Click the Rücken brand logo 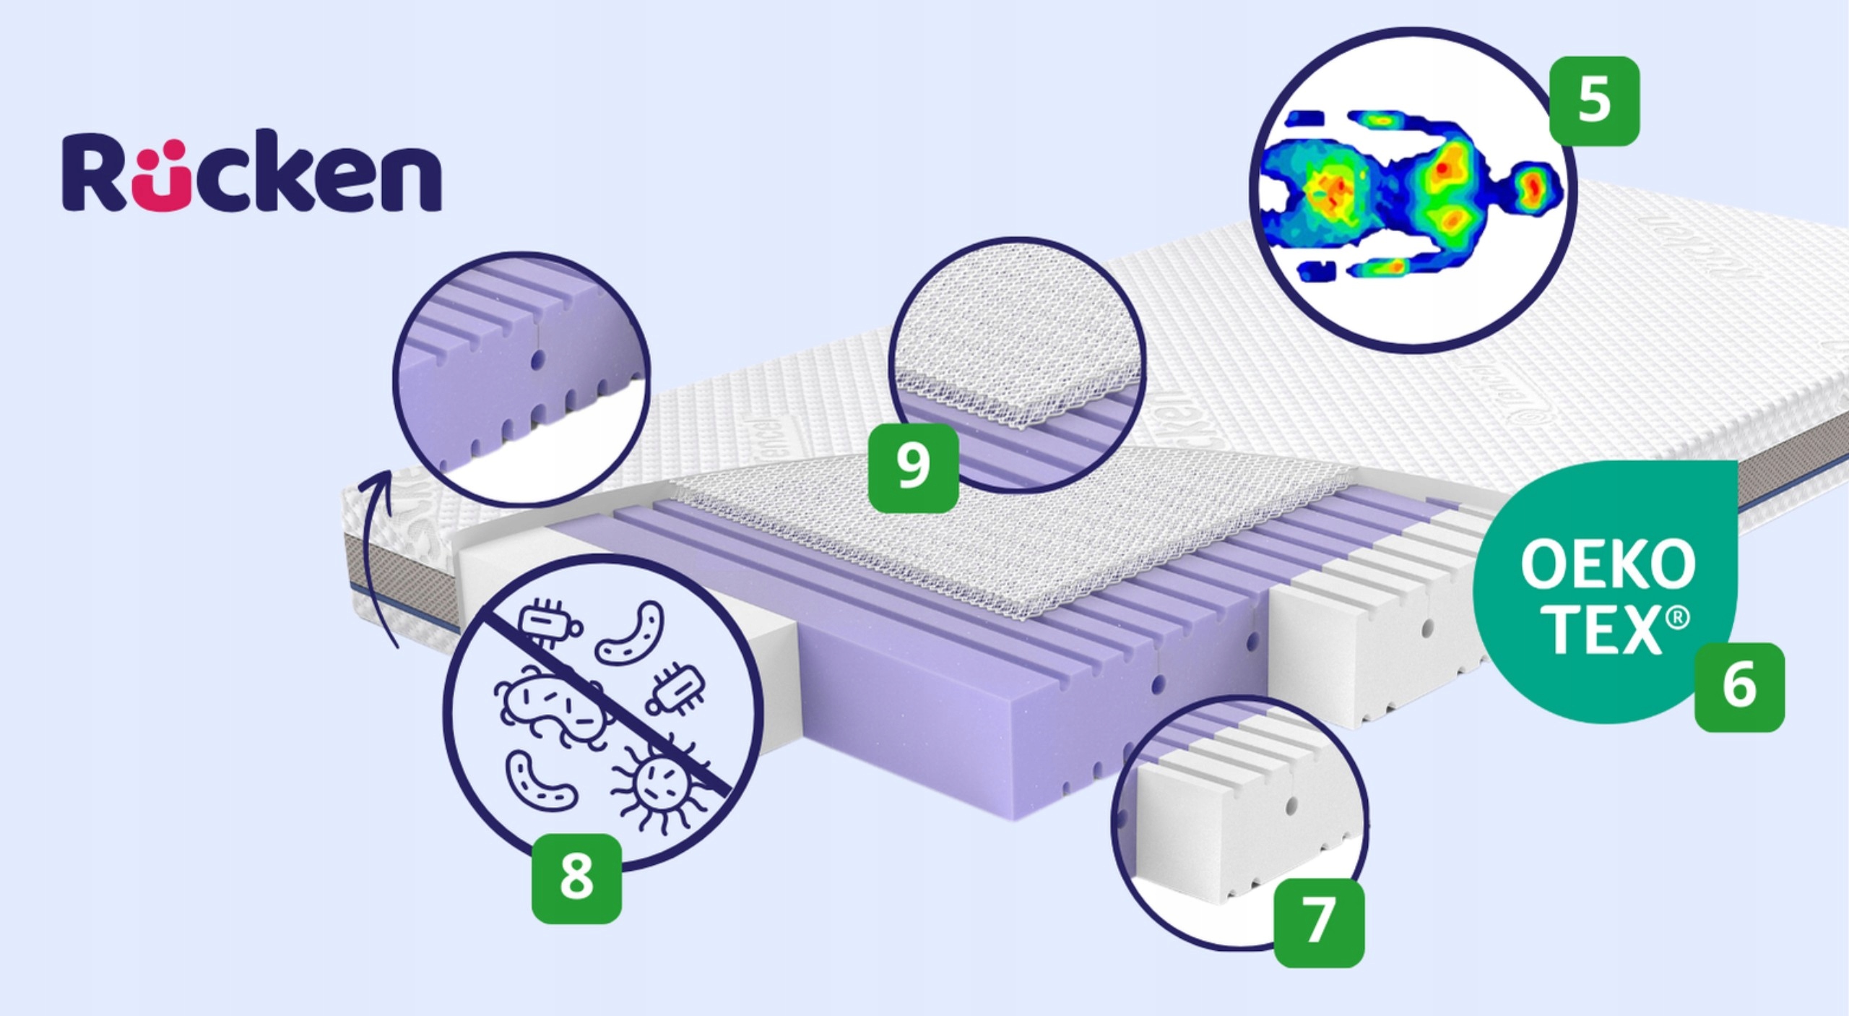click(x=251, y=172)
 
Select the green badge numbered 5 click(x=1594, y=101)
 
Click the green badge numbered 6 click(x=1739, y=687)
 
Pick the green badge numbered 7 click(x=1319, y=922)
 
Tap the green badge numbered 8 click(x=576, y=879)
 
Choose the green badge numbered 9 click(x=913, y=468)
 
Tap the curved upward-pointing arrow click(x=378, y=556)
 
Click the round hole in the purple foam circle click(x=537, y=358)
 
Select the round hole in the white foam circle click(x=1290, y=804)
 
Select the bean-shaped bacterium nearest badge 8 click(x=540, y=781)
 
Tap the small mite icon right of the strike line click(x=676, y=687)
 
